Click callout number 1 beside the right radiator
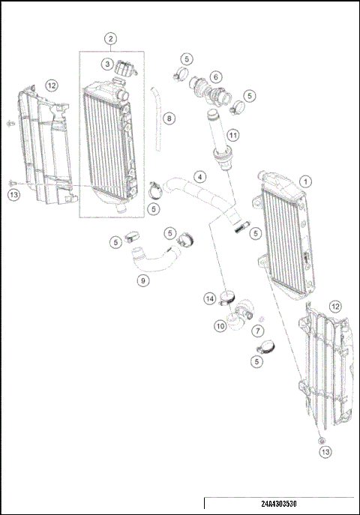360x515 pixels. (305, 181)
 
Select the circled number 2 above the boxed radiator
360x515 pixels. (110, 38)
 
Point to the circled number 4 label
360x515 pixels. (199, 177)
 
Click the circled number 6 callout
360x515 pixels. (215, 76)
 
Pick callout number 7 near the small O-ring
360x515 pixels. (257, 330)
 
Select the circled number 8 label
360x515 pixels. (169, 118)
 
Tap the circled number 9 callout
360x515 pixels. (142, 281)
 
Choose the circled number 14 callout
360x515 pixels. (211, 299)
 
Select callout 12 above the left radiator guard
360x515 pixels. (51, 85)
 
